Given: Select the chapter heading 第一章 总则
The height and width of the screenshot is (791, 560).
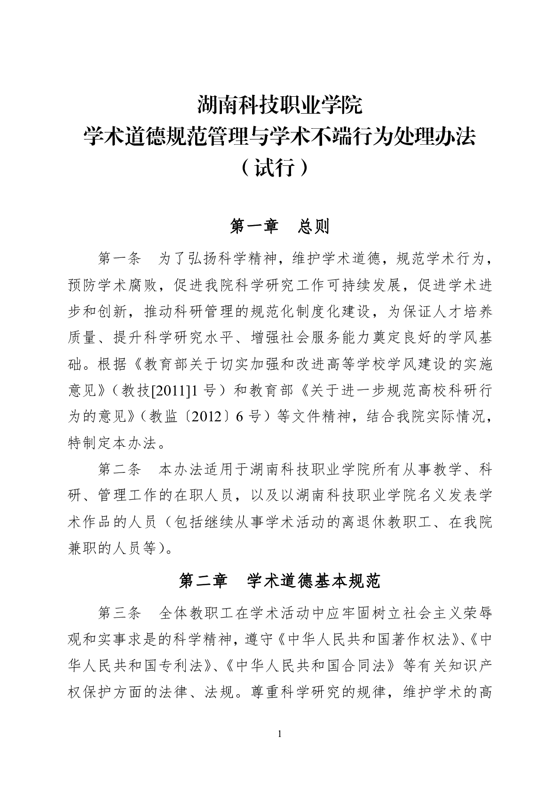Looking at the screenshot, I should (x=280, y=227).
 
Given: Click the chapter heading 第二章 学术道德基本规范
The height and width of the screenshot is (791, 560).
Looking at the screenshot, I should (x=280, y=581).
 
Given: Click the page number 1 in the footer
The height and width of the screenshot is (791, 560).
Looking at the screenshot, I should (x=280, y=747).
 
